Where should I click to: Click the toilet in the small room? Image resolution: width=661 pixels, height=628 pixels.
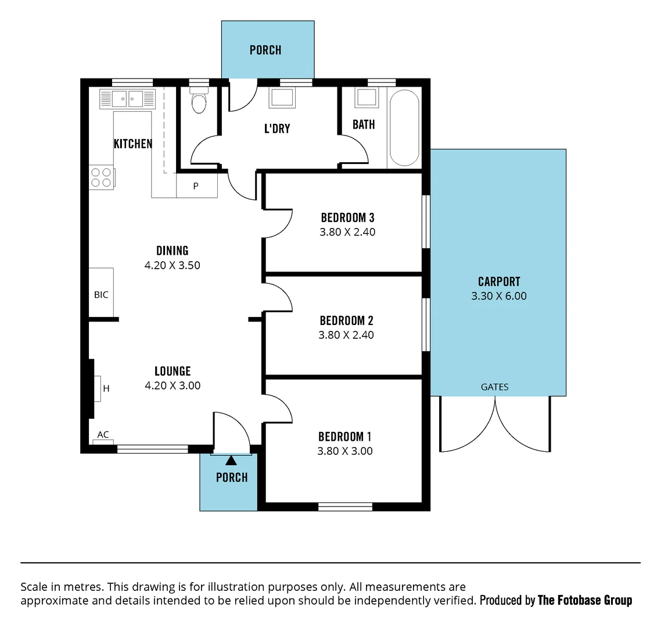point(199,102)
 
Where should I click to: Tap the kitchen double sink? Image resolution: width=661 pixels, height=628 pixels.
point(127,99)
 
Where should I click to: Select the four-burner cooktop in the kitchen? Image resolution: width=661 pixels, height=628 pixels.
point(102,177)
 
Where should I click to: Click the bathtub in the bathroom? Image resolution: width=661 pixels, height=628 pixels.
point(404,128)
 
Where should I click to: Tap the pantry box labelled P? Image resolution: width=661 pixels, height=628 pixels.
point(196,187)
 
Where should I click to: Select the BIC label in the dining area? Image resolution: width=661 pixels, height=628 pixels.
point(101,295)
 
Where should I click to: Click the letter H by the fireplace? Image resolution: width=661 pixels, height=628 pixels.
point(106,388)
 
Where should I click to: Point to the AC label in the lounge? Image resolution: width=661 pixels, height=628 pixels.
point(103,435)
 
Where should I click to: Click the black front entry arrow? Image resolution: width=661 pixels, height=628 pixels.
point(231,461)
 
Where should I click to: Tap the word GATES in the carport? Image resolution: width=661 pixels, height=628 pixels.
point(494,387)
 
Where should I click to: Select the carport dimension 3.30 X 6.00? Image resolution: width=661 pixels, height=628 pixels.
point(499,296)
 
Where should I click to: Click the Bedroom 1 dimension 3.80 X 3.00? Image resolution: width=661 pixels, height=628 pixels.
point(345,451)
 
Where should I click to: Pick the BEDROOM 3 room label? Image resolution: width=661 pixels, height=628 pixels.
point(347,218)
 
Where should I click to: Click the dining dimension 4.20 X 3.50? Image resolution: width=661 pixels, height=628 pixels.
point(173,265)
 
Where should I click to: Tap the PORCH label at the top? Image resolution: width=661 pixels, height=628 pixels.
point(265,50)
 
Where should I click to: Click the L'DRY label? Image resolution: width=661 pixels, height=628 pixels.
point(277,129)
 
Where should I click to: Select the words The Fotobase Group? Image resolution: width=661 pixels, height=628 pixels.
point(585,600)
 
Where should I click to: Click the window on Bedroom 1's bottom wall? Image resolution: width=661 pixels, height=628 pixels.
point(345,507)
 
